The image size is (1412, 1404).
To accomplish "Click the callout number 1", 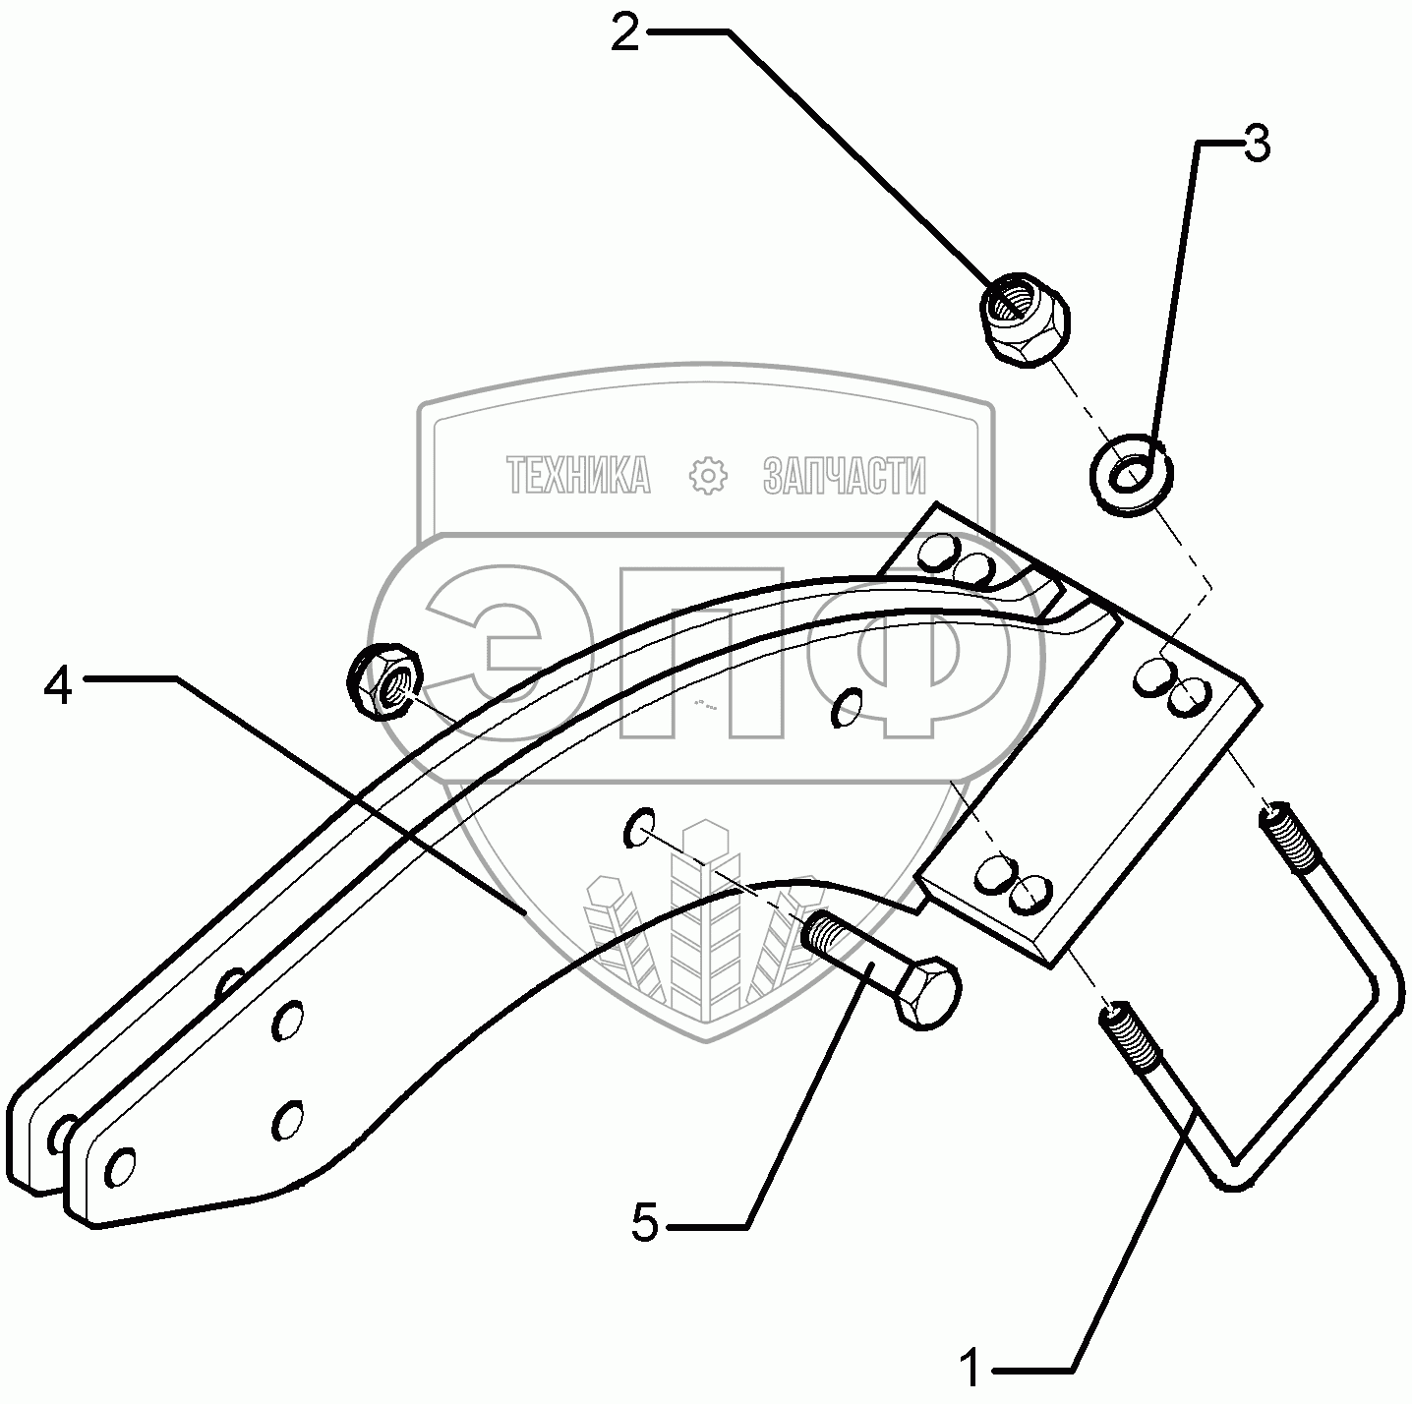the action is pos(971,1368).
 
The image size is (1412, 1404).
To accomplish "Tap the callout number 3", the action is pos(1257,146).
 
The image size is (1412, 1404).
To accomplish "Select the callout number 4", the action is pos(58,685).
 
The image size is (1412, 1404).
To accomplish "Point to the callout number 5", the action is pos(644,1225).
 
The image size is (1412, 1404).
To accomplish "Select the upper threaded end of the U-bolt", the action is pos(1284,836).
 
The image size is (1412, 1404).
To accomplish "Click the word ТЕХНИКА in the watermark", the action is pos(579,476).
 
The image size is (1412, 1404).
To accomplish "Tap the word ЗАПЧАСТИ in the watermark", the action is pos(845,476).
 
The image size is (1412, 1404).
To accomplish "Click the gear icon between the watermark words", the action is pos(706,476).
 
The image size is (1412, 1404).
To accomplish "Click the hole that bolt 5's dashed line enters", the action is pos(639,828).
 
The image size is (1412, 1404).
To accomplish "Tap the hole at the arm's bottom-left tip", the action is pos(118,1167).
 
